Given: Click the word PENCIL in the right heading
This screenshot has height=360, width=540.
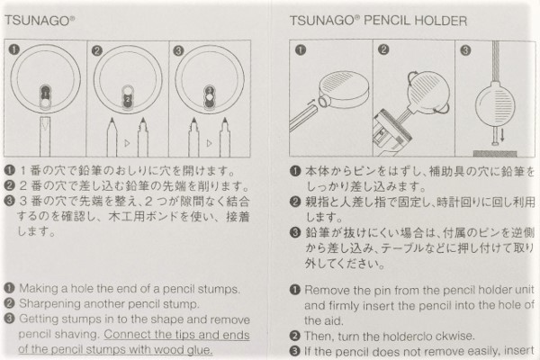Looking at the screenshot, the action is coord(386,21).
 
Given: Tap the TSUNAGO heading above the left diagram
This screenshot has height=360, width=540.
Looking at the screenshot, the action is coord(39,21).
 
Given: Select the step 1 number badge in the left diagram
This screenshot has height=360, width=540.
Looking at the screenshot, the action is coord(14,49).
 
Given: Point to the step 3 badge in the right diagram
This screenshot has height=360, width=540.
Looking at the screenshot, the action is coord(465,50).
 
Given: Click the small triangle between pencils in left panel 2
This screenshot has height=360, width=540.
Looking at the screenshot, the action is coord(127,143).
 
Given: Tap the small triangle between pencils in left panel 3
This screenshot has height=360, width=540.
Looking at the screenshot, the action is coord(209,143).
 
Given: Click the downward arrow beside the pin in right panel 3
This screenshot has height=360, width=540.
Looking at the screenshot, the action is coord(502,134).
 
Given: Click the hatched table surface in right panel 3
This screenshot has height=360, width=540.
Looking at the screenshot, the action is coord(495,153).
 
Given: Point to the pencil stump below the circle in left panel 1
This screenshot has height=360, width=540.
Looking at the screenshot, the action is coord(45,137).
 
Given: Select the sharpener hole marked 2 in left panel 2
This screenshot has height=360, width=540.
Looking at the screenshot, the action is coord(128,100).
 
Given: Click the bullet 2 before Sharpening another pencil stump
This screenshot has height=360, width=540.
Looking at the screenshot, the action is coord(9,303).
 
